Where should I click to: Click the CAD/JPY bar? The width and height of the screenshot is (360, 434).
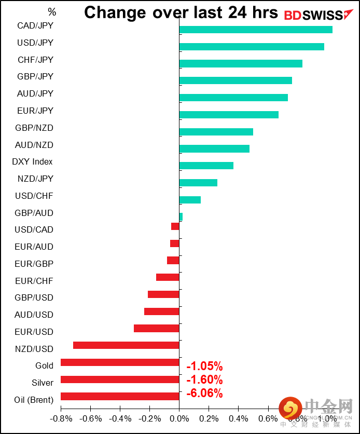[x=256, y=30]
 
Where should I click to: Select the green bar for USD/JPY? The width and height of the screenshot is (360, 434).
[x=252, y=47]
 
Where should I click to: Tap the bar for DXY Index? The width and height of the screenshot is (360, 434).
[x=206, y=166]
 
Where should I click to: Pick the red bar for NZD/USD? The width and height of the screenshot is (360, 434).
[x=126, y=345]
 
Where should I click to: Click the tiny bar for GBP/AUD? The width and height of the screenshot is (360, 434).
[x=181, y=216]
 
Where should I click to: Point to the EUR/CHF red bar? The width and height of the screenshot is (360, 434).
[x=168, y=277]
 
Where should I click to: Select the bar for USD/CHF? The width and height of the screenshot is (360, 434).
[x=190, y=200]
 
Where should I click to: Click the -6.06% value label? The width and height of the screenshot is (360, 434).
[x=204, y=394]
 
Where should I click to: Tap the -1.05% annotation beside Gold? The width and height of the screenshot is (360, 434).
[x=204, y=366]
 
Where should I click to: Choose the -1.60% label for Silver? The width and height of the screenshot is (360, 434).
[x=204, y=379]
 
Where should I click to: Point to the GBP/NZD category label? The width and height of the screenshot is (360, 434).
[x=35, y=128]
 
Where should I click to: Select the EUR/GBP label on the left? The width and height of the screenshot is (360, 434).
[x=34, y=264]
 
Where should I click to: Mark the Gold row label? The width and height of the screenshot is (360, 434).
[x=44, y=365]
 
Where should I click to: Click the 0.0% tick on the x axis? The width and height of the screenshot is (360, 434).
[x=179, y=418]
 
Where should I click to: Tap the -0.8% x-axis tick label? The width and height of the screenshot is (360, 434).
[x=61, y=418]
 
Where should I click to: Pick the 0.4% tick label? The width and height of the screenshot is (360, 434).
[x=238, y=418]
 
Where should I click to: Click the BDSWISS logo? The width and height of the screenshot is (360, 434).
[x=313, y=15]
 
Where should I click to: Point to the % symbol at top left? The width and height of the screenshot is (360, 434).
[x=51, y=11]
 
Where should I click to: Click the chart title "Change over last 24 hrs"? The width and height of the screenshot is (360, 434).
[x=181, y=12]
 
